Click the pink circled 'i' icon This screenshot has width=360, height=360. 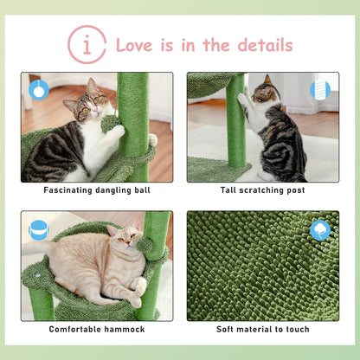(x=87, y=44)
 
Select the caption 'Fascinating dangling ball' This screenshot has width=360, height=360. (x=96, y=190)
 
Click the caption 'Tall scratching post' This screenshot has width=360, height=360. (x=264, y=190)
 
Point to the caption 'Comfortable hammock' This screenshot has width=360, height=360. (x=96, y=329)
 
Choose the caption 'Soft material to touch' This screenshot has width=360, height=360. (x=264, y=329)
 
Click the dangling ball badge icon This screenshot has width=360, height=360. (x=37, y=88)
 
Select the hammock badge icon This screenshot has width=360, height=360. (x=37, y=230)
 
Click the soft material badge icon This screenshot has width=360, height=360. (x=320, y=230)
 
